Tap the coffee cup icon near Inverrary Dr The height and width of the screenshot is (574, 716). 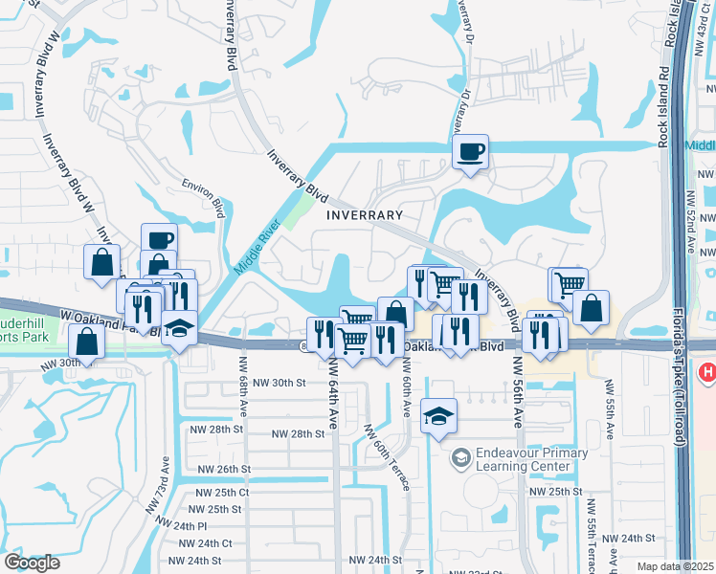469,152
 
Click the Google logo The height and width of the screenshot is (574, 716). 32,563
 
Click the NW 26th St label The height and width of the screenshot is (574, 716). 223,470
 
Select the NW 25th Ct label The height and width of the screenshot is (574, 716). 221,492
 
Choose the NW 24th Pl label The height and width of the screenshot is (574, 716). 189,526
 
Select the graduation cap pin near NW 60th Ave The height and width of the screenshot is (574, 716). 438,416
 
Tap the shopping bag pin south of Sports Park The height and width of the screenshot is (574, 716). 86,342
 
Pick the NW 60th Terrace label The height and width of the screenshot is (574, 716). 388,458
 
